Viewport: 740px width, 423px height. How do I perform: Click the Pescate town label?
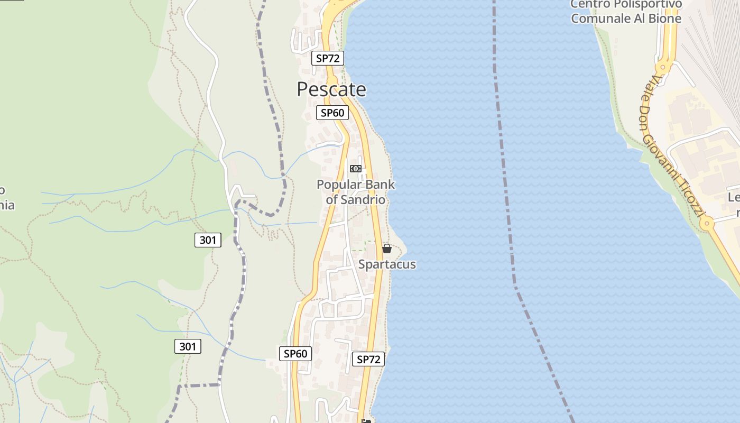331,89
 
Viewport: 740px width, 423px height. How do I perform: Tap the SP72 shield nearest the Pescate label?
328,58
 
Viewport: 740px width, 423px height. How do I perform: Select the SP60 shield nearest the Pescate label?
332,113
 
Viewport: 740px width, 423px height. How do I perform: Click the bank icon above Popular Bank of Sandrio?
355,169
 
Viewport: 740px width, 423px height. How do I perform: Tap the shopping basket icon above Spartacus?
387,248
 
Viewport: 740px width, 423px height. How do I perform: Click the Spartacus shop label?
387,264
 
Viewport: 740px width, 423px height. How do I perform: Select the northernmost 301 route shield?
208,240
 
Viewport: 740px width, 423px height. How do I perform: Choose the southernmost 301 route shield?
188,347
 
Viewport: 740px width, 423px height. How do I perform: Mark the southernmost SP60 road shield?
295,354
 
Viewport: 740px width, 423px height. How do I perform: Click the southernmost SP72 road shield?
368,360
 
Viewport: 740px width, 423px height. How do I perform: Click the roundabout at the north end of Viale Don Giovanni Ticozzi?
662,67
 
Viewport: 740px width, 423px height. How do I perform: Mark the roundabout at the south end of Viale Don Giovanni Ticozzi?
707,224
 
